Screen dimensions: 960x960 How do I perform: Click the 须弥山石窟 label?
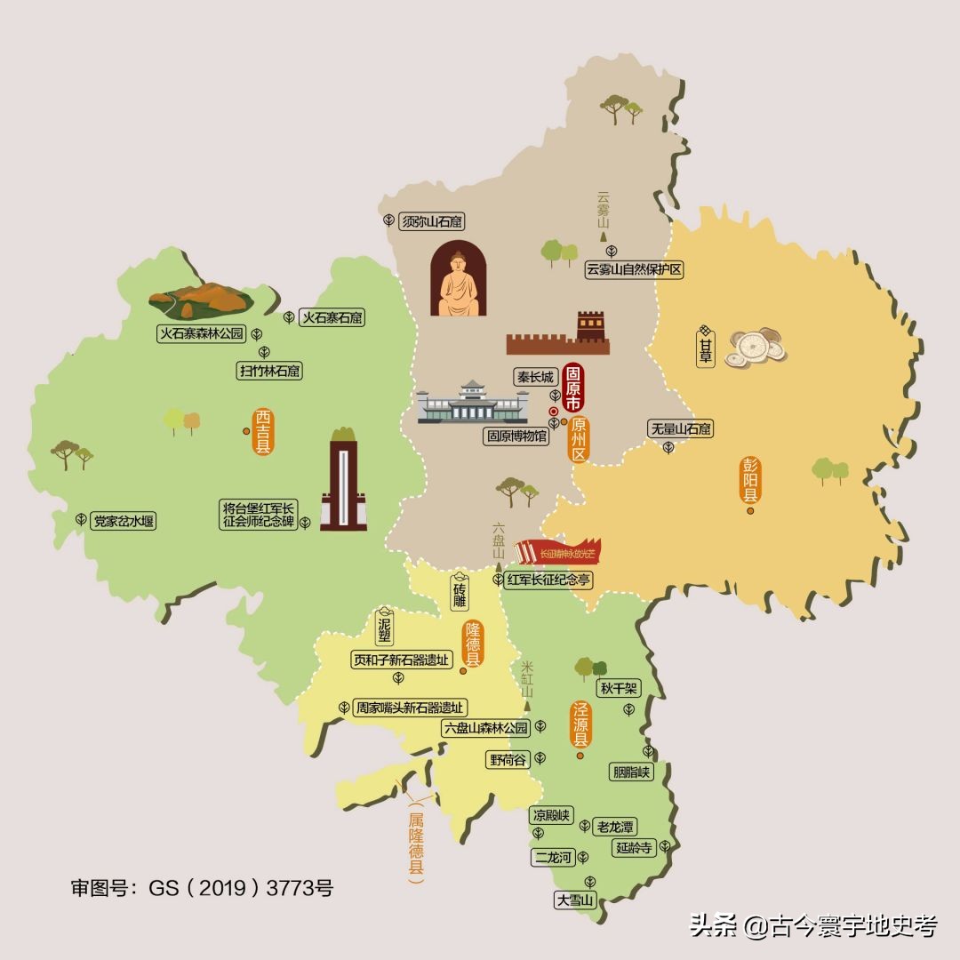430,221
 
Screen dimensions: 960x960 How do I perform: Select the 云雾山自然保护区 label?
635,269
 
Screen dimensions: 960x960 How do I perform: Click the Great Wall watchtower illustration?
590,327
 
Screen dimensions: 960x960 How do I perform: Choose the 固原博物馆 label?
516,436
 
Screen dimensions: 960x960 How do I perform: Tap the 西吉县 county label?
263,432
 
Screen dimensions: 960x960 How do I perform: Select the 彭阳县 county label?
750,481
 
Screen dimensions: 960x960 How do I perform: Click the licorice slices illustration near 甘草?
756,347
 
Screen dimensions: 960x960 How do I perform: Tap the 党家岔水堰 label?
124,522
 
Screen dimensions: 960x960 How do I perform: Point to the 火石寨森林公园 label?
201,334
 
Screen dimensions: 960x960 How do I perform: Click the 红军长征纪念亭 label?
548,580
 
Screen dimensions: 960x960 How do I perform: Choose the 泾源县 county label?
580,725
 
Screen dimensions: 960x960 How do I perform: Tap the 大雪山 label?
574,900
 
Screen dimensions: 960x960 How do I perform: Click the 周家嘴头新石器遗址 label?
410,708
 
